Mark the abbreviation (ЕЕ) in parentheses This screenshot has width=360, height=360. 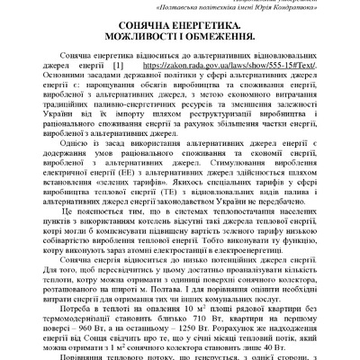click(x=132, y=177)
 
